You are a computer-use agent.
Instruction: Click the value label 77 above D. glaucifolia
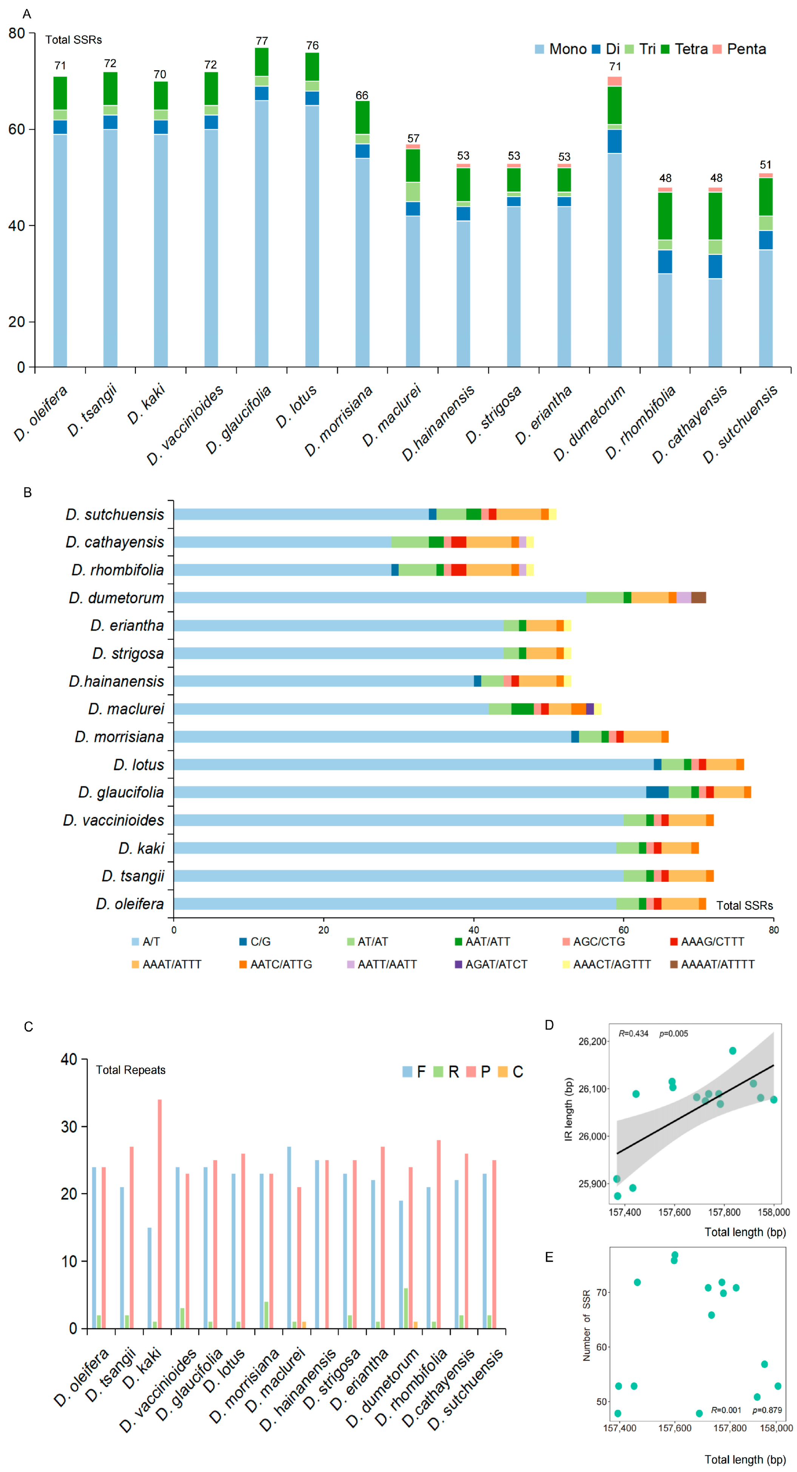tap(262, 41)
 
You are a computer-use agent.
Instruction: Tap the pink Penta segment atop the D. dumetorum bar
tap(615, 81)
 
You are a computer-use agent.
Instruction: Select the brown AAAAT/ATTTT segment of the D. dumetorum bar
tap(698, 598)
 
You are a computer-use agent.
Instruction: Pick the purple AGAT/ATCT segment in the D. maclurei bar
tap(590, 709)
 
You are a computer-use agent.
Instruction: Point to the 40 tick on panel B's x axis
tap(473, 930)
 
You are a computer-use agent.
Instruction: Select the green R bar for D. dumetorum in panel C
tap(405, 1308)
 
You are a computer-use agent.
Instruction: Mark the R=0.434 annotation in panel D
tap(633, 1034)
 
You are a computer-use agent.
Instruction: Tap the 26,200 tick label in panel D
tap(592, 1042)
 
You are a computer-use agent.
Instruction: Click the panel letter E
tap(549, 1257)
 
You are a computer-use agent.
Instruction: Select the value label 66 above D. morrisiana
tap(362, 96)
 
